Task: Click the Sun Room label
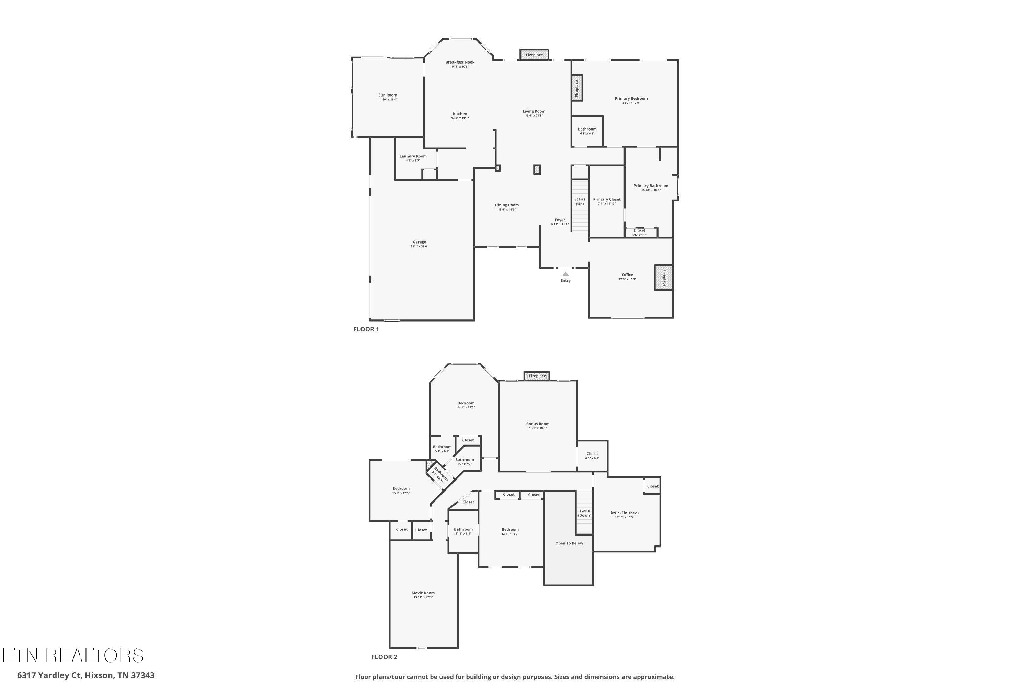(388, 95)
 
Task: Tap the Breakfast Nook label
(460, 62)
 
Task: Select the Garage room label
(419, 242)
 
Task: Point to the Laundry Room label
(413, 156)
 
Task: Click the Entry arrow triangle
(565, 274)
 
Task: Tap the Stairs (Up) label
(580, 201)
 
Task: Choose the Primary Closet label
(607, 199)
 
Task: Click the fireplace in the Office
(663, 277)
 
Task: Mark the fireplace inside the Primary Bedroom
(577, 88)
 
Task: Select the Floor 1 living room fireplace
(534, 55)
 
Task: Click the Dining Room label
(507, 205)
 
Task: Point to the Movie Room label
(423, 593)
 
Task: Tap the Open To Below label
(569, 543)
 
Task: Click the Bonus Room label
(537, 424)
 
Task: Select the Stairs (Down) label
(584, 513)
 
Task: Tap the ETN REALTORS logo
(73, 655)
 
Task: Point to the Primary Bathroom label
(650, 186)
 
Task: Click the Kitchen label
(460, 114)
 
